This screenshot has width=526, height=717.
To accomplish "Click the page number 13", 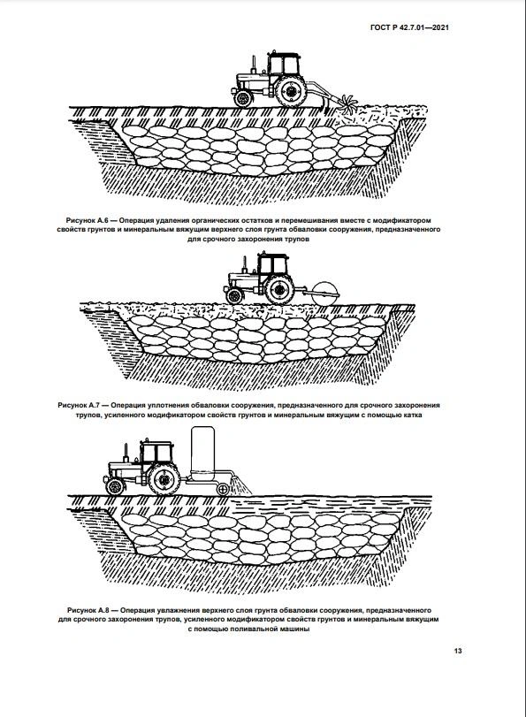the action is tap(458, 651).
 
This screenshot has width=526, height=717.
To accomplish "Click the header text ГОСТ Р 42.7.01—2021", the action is tap(409, 27).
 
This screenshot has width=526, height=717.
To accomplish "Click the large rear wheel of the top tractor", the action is tap(291, 91).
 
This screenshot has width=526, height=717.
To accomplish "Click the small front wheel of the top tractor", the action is tap(242, 98).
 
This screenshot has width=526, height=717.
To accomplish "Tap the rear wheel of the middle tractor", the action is tap(279, 290).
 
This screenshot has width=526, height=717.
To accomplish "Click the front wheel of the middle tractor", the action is tap(233, 296).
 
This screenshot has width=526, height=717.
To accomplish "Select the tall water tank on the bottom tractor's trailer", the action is tap(202, 454).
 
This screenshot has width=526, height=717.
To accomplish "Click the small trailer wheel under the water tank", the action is tap(223, 489).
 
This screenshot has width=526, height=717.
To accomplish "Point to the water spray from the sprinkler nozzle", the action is tap(240, 485).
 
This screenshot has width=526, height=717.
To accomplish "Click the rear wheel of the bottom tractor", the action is tap(164, 479).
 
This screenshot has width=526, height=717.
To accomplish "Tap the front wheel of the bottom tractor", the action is tap(115, 486).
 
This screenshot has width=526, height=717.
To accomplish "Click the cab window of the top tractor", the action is tap(284, 65).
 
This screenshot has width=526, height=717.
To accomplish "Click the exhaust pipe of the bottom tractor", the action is tap(126, 454).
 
